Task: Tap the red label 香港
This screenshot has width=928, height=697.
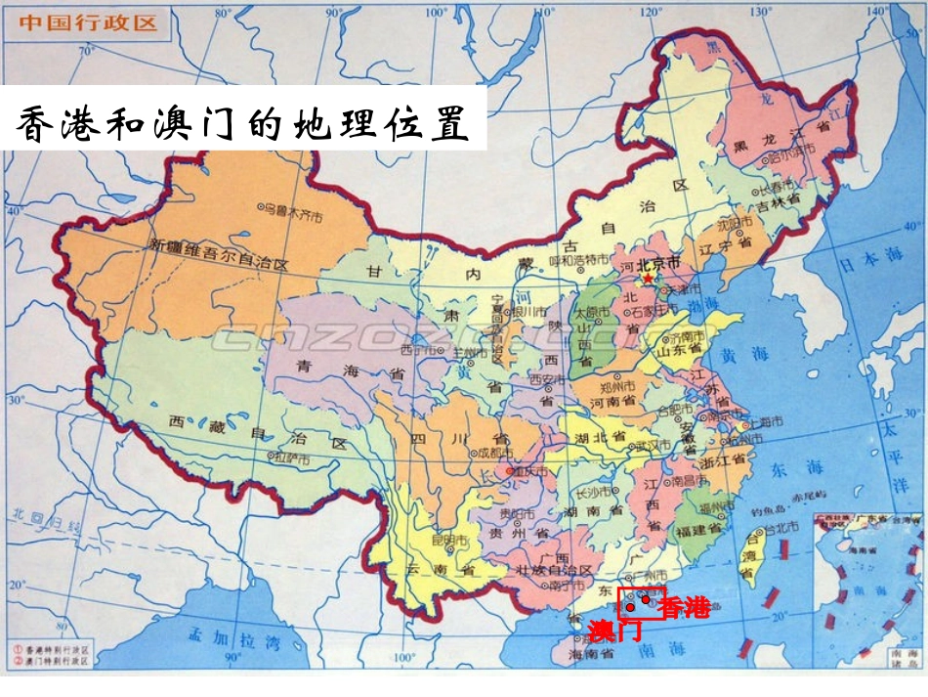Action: [685, 607]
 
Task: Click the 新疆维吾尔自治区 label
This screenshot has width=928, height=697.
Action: [220, 263]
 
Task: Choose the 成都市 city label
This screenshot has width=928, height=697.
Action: [491, 453]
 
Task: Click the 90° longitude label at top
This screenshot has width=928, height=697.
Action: [332, 11]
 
